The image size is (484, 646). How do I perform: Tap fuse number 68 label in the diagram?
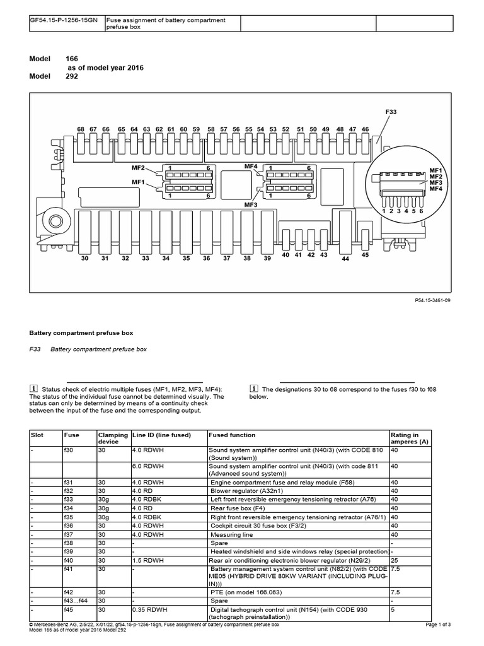pyautogui.click(x=81, y=129)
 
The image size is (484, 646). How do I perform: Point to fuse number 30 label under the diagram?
pyautogui.click(x=86, y=259)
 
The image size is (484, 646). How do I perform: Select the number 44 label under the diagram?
pyautogui.click(x=345, y=259)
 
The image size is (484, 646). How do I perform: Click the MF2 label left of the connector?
pyautogui.click(x=139, y=168)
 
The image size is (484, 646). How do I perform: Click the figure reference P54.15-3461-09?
pyautogui.click(x=430, y=301)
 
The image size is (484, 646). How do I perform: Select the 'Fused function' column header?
pyautogui.click(x=233, y=435)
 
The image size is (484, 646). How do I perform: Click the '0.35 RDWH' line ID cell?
pyautogui.click(x=150, y=610)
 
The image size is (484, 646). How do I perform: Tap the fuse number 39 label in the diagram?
pyautogui.click(x=267, y=259)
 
